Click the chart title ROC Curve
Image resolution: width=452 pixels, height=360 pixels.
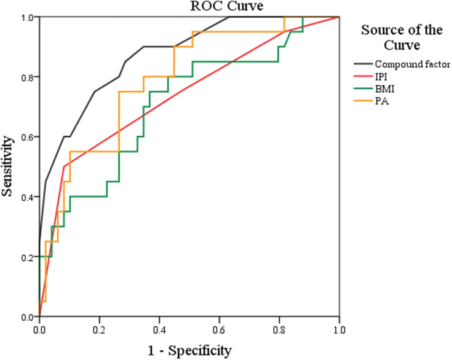tap(188, 7)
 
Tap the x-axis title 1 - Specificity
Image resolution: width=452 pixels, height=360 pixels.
tap(188, 351)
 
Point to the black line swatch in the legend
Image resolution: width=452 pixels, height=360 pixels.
tap(363, 63)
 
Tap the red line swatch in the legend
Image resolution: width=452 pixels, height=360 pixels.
tap(363, 76)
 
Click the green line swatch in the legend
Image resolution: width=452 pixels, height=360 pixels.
tap(363, 89)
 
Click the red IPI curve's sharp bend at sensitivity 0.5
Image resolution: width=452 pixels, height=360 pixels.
tap(64, 166)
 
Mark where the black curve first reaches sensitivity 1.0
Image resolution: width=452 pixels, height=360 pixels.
tap(229, 17)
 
